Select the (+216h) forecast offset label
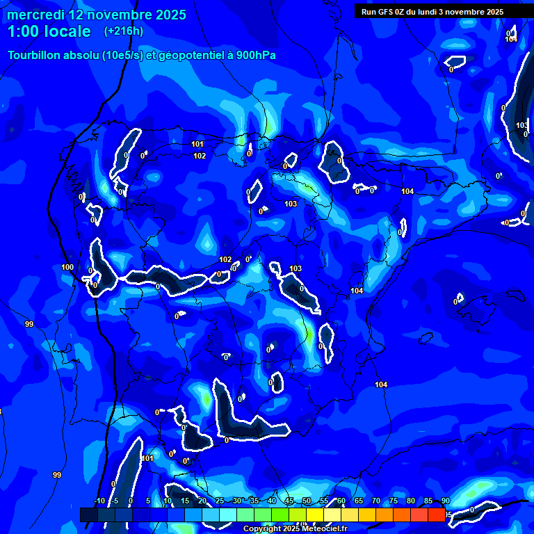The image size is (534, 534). [124, 31]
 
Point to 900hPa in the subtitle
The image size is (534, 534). [255, 55]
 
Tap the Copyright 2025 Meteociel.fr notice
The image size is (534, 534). [295, 529]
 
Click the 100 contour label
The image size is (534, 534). [67, 267]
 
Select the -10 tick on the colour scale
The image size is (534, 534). [99, 501]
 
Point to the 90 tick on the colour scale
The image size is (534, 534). [445, 501]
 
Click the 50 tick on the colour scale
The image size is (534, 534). [307, 501]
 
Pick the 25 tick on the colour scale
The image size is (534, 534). [220, 501]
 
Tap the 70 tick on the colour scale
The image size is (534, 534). [376, 501]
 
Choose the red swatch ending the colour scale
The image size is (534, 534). [436, 515]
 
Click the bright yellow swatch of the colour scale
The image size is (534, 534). [315, 515]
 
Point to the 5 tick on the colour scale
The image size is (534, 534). [148, 501]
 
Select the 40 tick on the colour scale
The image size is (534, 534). [272, 501]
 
